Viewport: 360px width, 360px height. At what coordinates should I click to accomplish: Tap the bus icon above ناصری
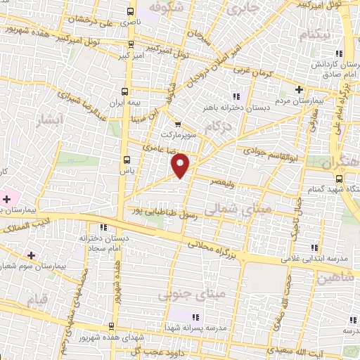click(129, 12)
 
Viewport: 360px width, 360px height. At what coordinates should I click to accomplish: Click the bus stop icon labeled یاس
click(126, 160)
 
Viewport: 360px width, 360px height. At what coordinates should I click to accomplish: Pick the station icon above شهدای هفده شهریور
click(111, 326)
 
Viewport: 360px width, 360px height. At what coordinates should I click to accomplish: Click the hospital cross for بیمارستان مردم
click(299, 90)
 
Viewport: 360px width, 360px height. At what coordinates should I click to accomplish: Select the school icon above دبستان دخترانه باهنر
click(236, 96)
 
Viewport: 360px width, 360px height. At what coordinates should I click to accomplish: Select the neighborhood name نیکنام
click(314, 34)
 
